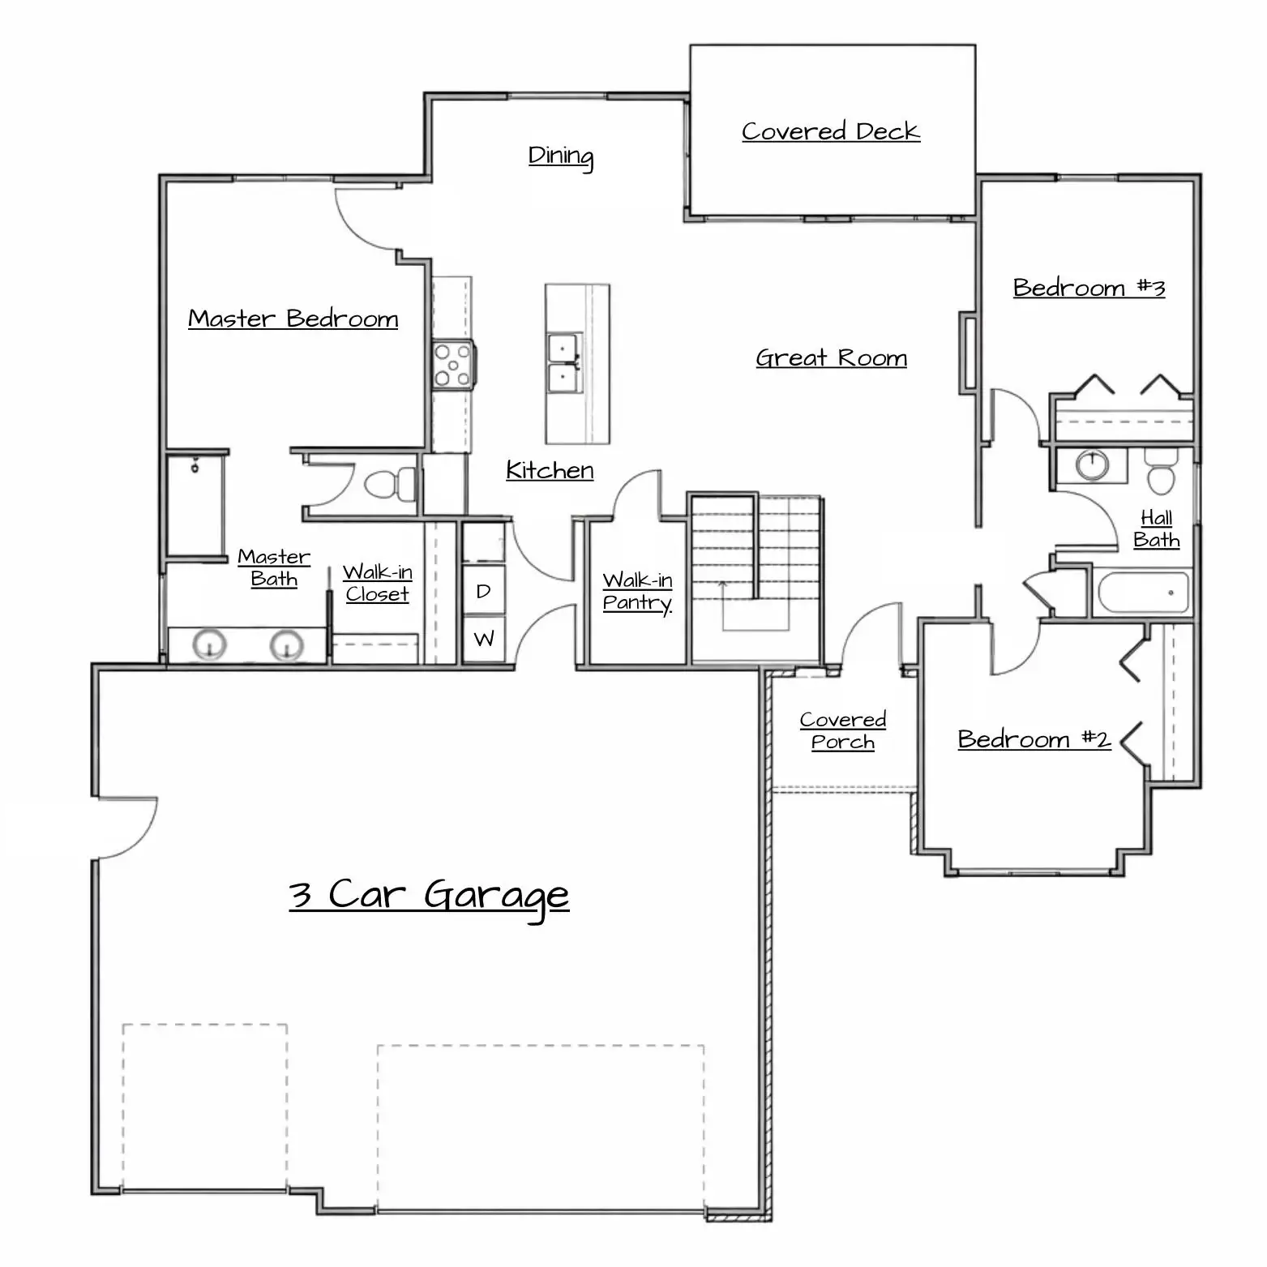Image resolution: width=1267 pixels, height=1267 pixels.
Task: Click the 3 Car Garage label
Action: (429, 897)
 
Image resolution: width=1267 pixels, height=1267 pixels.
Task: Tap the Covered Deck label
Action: (831, 131)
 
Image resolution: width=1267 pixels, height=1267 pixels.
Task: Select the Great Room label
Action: (831, 357)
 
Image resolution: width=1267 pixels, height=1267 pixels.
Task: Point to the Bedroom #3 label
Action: (1089, 288)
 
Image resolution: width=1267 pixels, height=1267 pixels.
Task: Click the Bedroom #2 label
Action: (1034, 739)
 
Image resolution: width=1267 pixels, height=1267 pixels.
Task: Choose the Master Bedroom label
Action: (293, 319)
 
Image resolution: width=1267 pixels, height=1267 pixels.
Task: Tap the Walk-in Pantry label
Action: (637, 592)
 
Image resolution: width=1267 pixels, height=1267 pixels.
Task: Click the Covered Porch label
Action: (842, 731)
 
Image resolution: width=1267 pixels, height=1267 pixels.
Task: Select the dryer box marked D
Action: (484, 591)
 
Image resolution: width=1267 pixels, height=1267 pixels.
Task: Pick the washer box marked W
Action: (484, 639)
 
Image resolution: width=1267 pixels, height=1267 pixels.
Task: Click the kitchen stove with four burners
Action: (453, 365)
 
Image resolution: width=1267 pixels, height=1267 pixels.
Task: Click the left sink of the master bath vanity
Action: (210, 646)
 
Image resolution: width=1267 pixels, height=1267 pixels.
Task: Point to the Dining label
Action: (561, 156)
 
